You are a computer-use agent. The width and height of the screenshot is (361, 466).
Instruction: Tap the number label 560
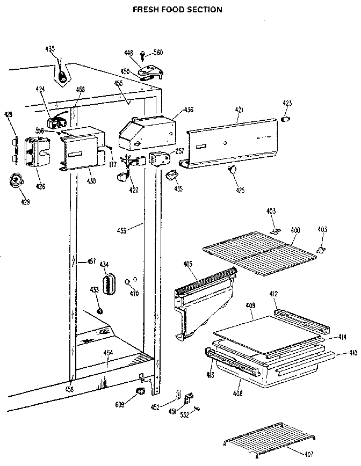click(x=158, y=53)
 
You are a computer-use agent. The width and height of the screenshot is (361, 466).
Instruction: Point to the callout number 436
click(x=189, y=110)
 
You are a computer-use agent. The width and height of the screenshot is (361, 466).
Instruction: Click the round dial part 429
click(x=18, y=181)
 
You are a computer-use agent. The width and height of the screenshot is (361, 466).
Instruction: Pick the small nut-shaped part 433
click(x=99, y=311)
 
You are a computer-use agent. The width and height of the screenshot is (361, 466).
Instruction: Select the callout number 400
click(x=295, y=230)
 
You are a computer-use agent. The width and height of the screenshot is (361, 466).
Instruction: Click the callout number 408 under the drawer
click(x=237, y=393)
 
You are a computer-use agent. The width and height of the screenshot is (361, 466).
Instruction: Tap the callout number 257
click(x=180, y=152)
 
